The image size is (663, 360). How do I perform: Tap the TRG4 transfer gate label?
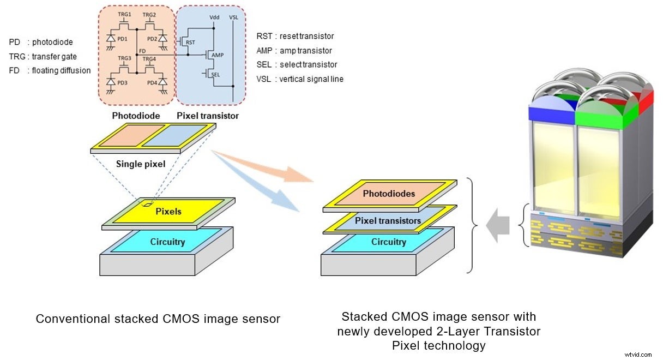point(149,58)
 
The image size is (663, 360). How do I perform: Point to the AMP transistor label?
point(217,55)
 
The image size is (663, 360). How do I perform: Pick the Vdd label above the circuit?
point(214,17)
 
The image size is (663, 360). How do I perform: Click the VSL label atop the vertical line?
point(234,17)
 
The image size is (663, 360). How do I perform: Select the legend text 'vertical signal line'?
point(311,79)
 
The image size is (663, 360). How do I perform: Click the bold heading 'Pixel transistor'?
point(207,116)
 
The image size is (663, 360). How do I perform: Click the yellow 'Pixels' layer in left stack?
point(169,211)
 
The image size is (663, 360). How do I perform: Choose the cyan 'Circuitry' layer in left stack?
point(167,241)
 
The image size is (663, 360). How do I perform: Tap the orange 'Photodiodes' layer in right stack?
point(389,194)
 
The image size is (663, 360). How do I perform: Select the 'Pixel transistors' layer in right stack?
point(388,220)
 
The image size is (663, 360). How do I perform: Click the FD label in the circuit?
point(142,50)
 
